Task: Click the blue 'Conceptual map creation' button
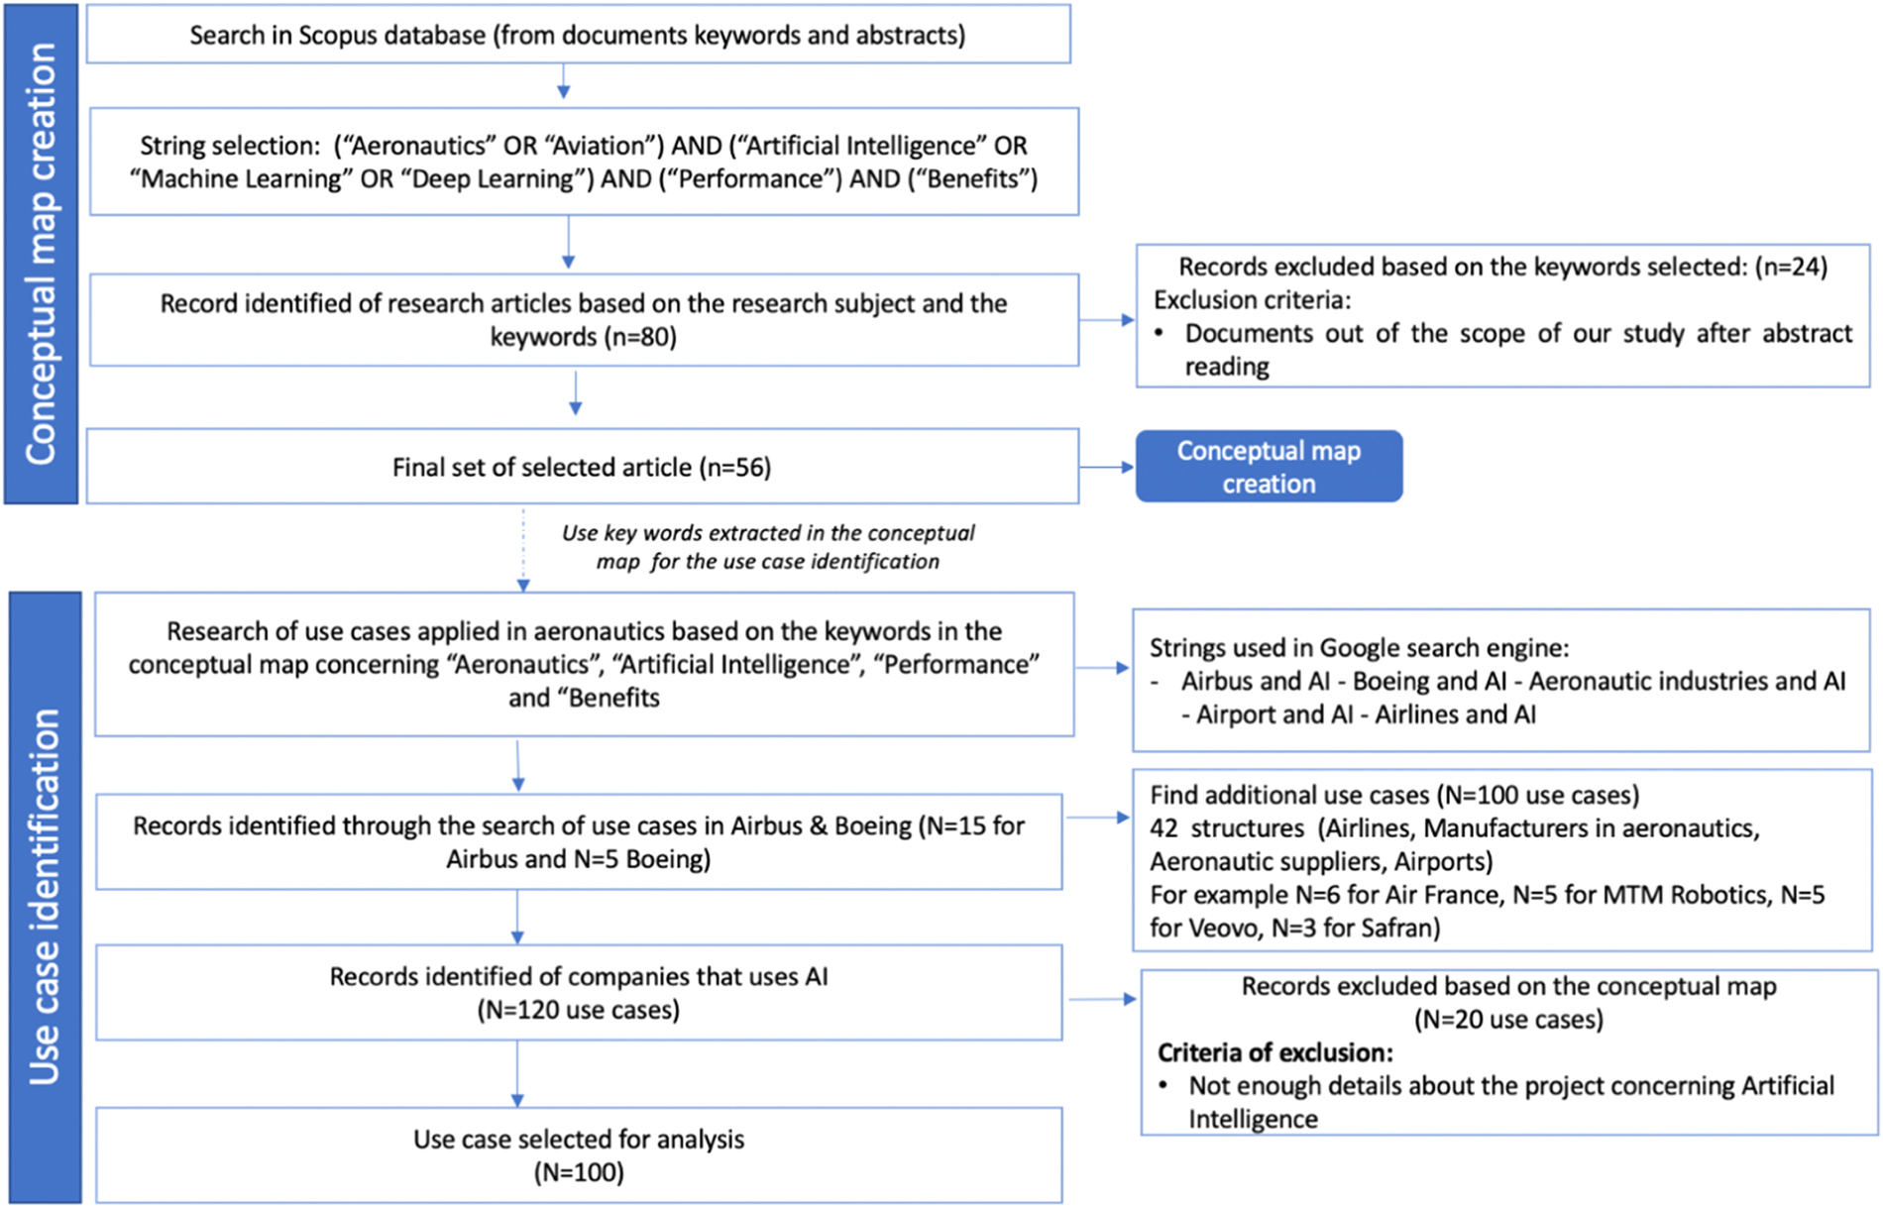[1269, 466]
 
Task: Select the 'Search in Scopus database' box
[579, 35]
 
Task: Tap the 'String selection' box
[584, 162]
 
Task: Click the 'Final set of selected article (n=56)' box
[582, 467]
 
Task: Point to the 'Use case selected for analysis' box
[579, 1155]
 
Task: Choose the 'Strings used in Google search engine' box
[1501, 681]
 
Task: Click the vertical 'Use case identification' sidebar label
[45, 898]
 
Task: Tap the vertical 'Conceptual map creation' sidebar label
[41, 254]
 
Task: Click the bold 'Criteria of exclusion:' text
[1274, 1052]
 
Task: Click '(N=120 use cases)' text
[579, 1010]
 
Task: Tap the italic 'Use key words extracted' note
[768, 547]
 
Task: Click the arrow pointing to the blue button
[1107, 467]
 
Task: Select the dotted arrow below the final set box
[523, 550]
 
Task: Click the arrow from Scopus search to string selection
[563, 81]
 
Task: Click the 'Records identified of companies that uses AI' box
[579, 993]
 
